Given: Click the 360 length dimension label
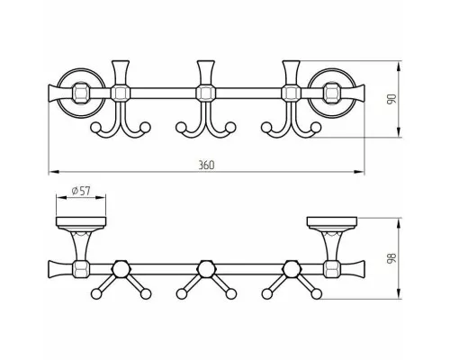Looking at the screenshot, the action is pyautogui.click(x=206, y=165).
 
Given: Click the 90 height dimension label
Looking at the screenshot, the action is pyautogui.click(x=391, y=99).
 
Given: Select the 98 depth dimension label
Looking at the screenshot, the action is pyautogui.click(x=391, y=258).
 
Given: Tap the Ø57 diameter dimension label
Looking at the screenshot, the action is pyautogui.click(x=81, y=191).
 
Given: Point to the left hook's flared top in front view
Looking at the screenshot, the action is pyautogui.click(x=121, y=72).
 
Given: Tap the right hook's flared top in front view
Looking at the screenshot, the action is pyautogui.click(x=291, y=72).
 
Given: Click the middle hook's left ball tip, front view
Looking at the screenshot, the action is pyautogui.click(x=180, y=127).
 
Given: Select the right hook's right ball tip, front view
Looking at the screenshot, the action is pyautogui.click(x=316, y=127).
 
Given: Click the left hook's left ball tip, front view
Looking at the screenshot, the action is pyautogui.click(x=95, y=127).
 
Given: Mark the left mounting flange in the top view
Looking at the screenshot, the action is pyautogui.click(x=81, y=221).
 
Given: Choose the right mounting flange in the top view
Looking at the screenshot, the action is pyautogui.click(x=332, y=221).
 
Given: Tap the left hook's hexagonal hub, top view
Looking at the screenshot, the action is pyautogui.click(x=121, y=267).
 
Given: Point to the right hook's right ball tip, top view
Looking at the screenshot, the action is pyautogui.click(x=316, y=294).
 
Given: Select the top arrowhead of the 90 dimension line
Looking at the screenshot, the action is pyautogui.click(x=399, y=67).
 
